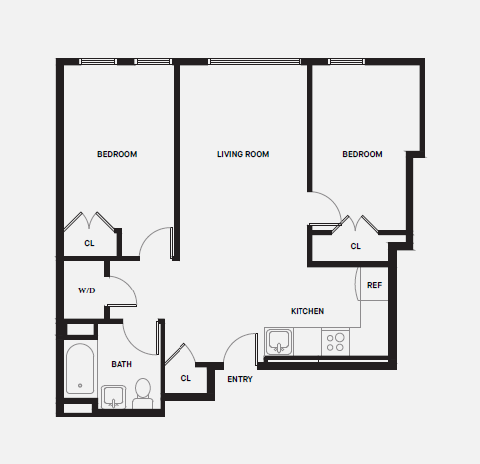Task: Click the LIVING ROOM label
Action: pos(243,154)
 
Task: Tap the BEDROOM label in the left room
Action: pos(116,154)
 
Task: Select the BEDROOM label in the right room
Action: pos(362,154)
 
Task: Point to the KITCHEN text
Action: pos(306,311)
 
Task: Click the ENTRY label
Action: pos(239,380)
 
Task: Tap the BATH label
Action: pos(121,365)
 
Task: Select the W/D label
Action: pos(87,291)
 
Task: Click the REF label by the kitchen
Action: pos(374,286)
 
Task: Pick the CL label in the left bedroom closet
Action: pos(89,242)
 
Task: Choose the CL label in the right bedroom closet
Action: pos(355,246)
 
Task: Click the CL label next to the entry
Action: pos(186,378)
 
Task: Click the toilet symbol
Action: pos(142,393)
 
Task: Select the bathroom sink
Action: pos(113,399)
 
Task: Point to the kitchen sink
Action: pos(279,343)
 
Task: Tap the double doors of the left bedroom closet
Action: pos(90,219)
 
